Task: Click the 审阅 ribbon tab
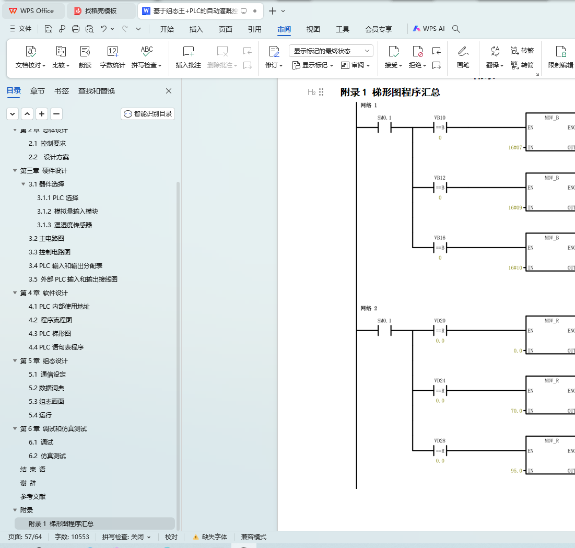(284, 29)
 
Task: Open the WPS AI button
(429, 29)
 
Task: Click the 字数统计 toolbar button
(112, 57)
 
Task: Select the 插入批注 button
(188, 57)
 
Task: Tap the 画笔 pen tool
(463, 57)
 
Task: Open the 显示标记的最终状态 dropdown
(331, 51)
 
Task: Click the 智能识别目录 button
(148, 113)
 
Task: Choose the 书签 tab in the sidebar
(62, 91)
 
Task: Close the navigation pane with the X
(169, 91)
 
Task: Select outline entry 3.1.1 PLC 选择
(57, 198)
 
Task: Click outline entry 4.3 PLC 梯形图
(50, 334)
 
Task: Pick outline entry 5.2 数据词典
(46, 388)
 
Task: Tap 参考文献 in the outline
(33, 497)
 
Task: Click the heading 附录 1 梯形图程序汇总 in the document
(390, 92)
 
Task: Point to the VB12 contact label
(440, 178)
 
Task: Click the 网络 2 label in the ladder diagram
(369, 308)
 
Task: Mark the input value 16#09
(515, 207)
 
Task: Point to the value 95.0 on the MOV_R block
(516, 471)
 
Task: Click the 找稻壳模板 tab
(101, 11)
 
